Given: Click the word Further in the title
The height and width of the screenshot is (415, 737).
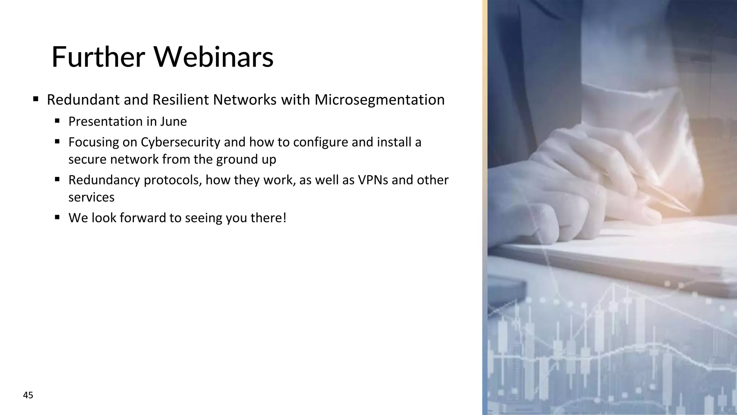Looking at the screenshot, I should [98, 57].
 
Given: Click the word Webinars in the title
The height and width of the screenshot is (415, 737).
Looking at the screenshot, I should [213, 57].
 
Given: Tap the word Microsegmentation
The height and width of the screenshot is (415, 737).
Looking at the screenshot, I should [379, 100].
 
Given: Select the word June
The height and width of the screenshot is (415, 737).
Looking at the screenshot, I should [173, 122].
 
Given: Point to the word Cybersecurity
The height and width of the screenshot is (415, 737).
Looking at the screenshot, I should [180, 142].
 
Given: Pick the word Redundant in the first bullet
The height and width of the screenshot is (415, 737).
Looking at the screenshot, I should [83, 100].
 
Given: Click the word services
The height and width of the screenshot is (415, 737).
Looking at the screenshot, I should [91, 197].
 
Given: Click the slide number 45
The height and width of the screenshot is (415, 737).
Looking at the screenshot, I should [28, 396].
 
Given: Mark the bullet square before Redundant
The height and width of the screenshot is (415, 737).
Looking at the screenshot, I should [36, 99].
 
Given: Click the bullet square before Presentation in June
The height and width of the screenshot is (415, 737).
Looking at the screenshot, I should [57, 121].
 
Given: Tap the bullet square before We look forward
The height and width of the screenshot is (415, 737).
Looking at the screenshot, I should [57, 217].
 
